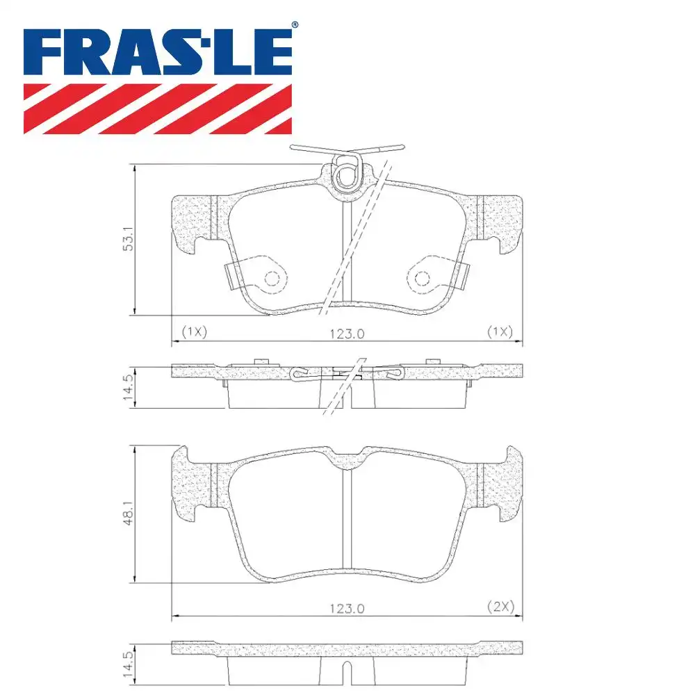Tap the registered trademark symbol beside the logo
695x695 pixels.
(295, 25)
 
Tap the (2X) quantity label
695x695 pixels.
(499, 607)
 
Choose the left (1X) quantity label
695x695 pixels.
(195, 332)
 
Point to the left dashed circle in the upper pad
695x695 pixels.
(272, 279)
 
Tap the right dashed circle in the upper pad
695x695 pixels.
(423, 279)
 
